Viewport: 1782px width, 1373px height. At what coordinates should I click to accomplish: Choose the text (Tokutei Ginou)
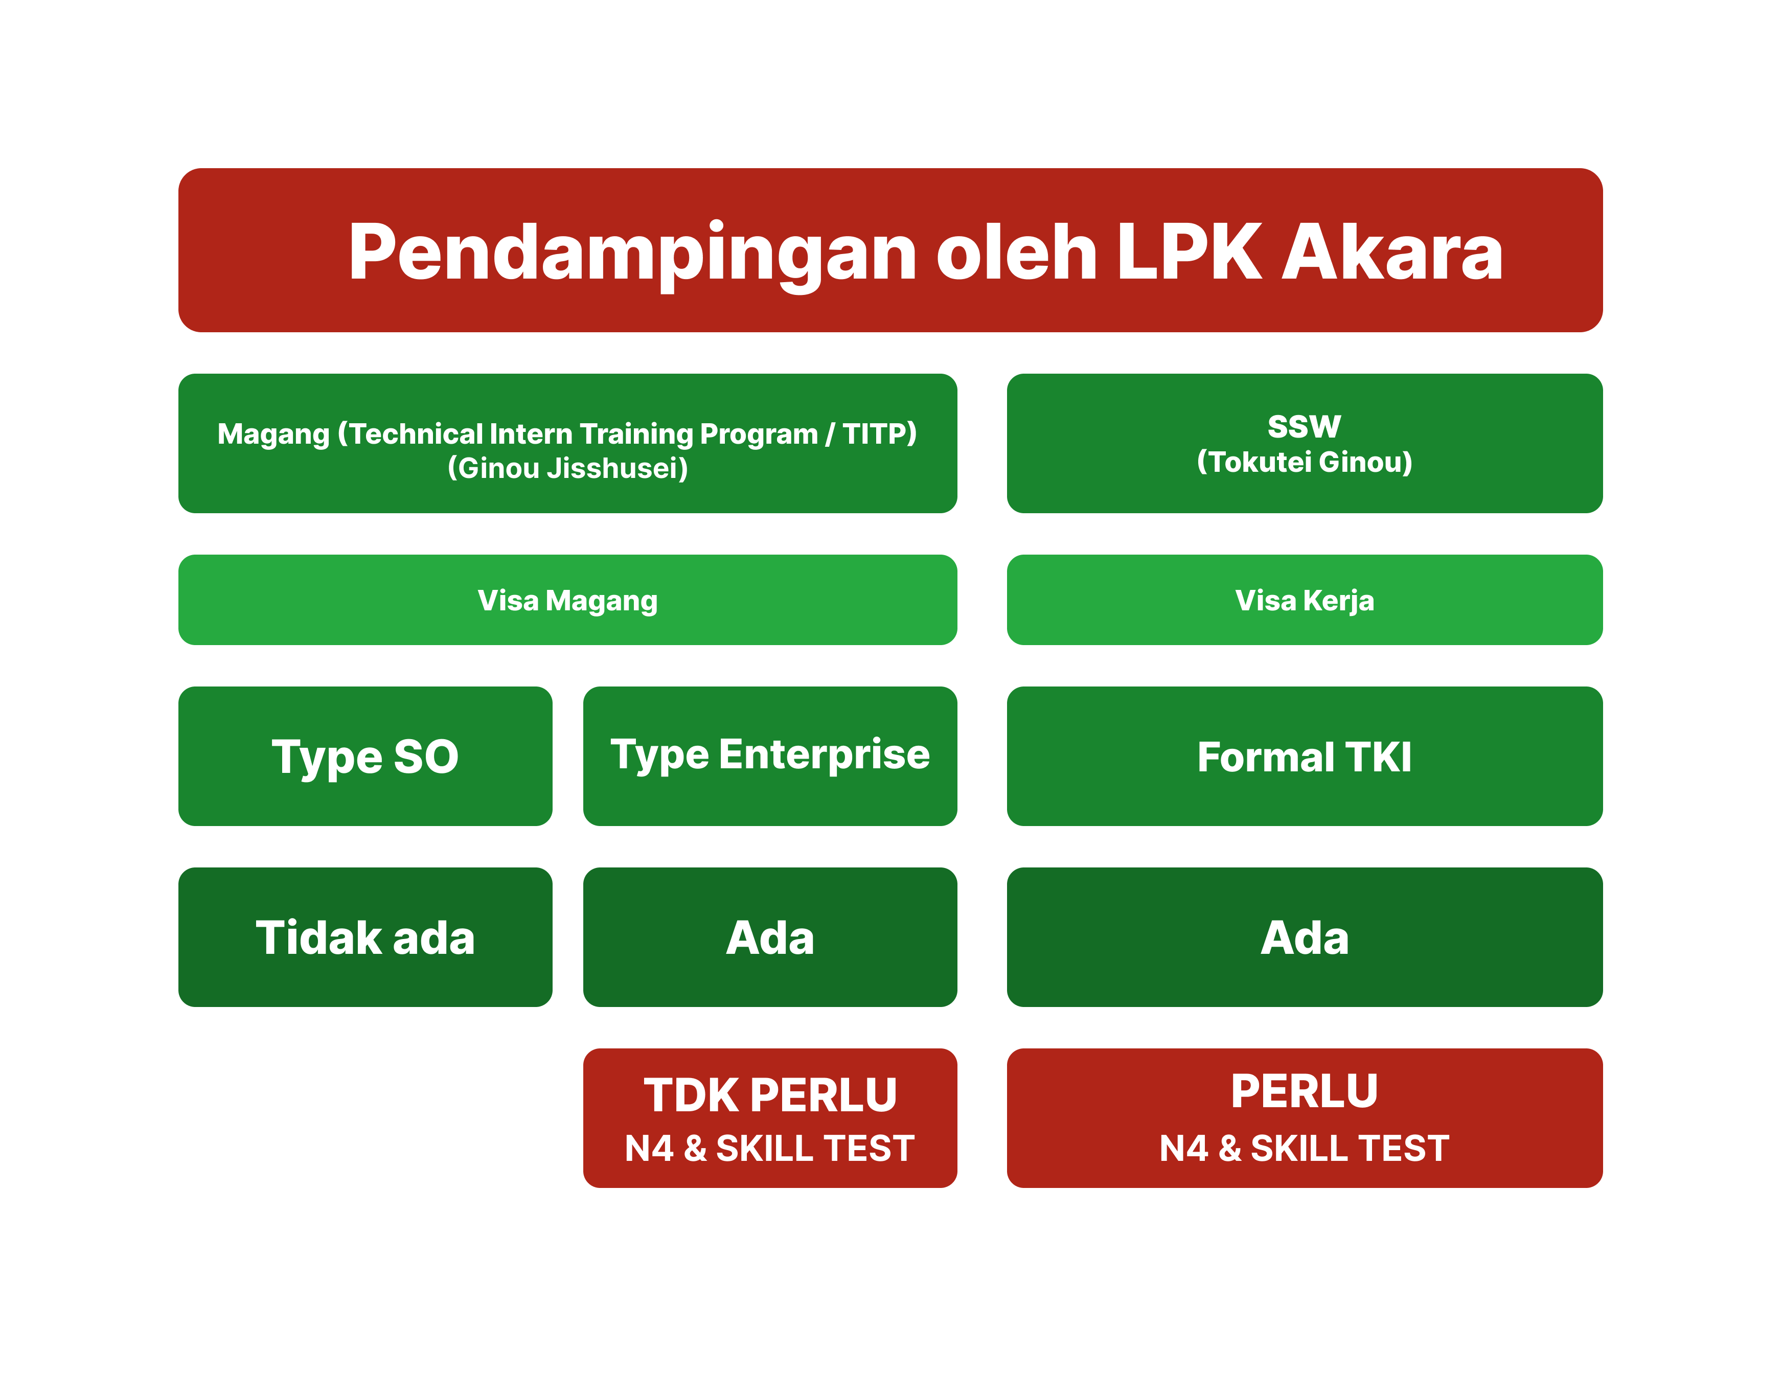coord(1304,462)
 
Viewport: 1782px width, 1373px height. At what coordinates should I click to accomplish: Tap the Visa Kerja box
coord(1304,600)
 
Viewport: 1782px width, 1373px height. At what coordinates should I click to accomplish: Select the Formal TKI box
coord(1304,756)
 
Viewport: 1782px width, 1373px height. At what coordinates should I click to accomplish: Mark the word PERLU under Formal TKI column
coord(1304,1091)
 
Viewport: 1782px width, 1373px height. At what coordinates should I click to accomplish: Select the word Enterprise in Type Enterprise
coord(824,754)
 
